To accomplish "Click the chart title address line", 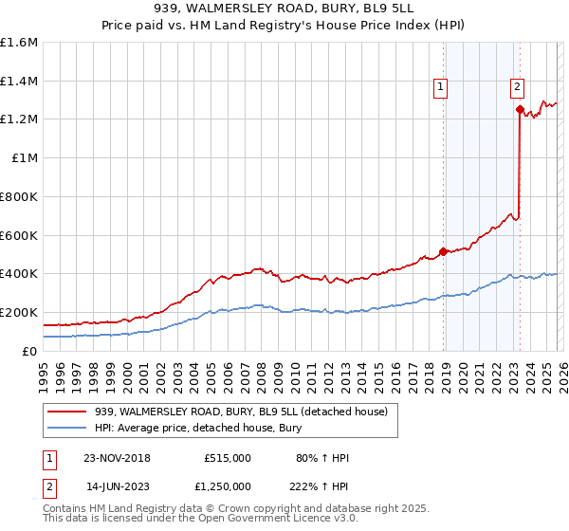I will (x=284, y=9).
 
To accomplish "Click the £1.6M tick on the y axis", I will (x=19, y=43).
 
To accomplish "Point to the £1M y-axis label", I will (x=24, y=158).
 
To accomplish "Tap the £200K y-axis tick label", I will (x=19, y=312).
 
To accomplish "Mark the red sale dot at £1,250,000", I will (x=520, y=110).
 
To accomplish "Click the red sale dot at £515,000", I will (x=443, y=251).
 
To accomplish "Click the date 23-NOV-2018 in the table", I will (x=117, y=458).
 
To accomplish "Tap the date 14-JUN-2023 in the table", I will (x=117, y=485).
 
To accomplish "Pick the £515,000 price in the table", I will (x=227, y=458).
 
